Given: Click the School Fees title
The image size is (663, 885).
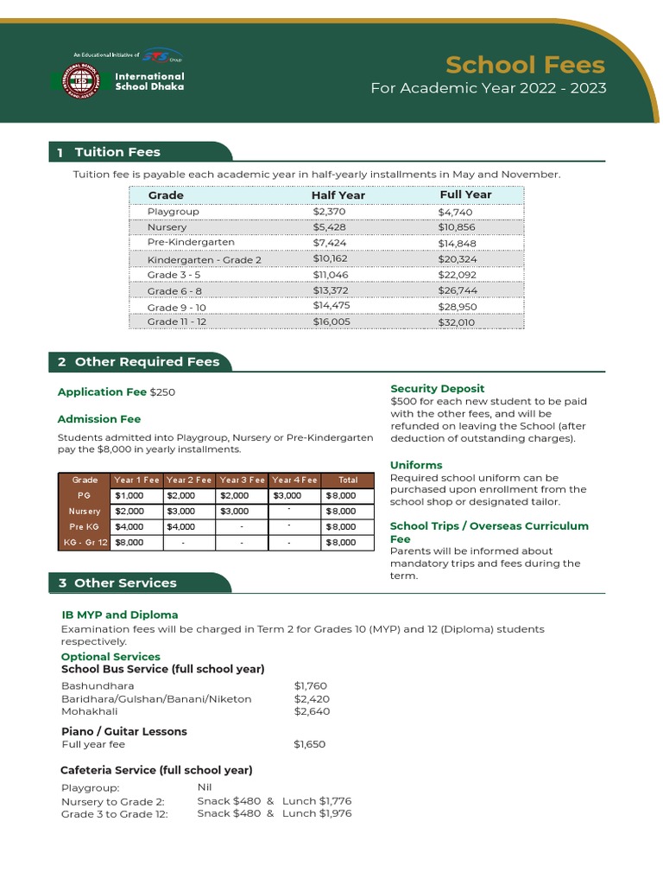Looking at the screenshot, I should (525, 65).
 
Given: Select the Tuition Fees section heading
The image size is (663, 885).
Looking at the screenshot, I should (117, 152).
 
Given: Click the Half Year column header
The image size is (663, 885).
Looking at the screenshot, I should (338, 195).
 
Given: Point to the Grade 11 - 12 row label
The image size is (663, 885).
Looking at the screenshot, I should (176, 322).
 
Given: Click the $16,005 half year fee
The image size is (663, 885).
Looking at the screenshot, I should (331, 322).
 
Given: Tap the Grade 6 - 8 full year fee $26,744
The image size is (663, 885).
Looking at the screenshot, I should (457, 290).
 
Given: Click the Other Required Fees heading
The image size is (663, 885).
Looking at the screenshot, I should (147, 361).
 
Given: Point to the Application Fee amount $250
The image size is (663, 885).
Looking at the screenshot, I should (162, 392).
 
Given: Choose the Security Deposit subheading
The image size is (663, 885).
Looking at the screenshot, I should (437, 389).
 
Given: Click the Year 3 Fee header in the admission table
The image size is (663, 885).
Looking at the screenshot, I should (243, 480).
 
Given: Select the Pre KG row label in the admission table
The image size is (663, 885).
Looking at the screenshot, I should (85, 526).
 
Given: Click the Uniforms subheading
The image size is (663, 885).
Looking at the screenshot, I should (416, 465).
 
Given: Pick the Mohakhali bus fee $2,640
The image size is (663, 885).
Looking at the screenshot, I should (312, 711).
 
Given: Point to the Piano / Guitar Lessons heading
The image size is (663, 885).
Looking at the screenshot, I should (124, 731).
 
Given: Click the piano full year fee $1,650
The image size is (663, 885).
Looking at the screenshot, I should (310, 744).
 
